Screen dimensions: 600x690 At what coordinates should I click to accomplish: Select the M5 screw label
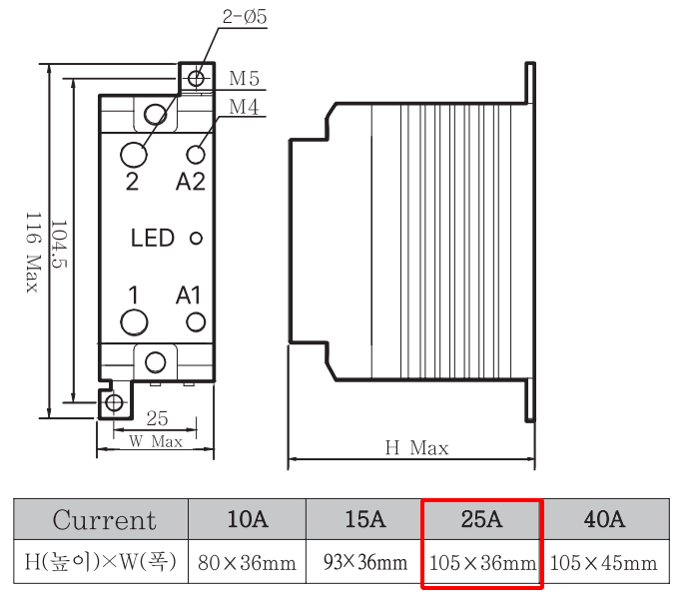(244, 78)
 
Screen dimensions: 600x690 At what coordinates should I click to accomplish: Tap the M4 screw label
(245, 107)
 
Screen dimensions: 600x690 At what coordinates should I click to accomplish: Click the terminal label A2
(190, 181)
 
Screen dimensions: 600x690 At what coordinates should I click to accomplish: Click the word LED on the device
(153, 239)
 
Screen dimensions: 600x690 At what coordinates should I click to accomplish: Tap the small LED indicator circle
(196, 239)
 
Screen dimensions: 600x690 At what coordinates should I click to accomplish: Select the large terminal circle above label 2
(133, 154)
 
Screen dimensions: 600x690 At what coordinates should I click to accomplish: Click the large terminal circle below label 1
(133, 321)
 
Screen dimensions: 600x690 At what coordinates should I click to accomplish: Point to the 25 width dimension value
(157, 418)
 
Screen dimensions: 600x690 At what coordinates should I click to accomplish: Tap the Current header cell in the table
(104, 520)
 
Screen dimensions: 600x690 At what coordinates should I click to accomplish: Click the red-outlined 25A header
(481, 519)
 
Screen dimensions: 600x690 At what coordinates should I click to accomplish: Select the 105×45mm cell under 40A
(603, 563)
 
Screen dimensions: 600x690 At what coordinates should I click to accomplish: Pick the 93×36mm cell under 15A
(364, 563)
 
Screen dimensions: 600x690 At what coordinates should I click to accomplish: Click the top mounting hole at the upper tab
(197, 78)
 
